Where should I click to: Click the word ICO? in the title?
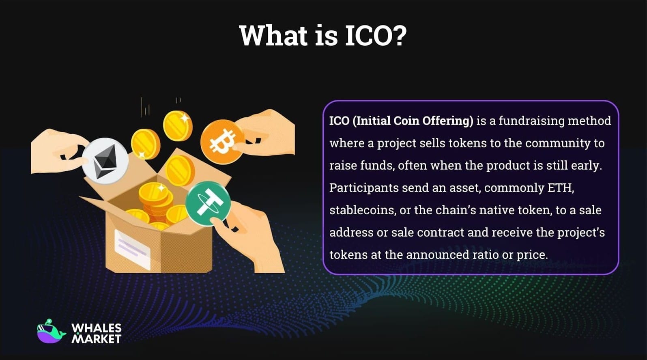coord(375,36)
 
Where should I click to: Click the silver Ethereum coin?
coord(106,161)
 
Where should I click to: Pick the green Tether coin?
coord(208,203)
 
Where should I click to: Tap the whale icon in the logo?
coord(50,332)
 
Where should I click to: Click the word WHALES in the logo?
coord(97,328)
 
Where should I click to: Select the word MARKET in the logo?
coord(97,339)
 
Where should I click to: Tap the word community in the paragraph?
coord(558,143)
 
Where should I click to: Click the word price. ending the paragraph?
coord(532,255)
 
